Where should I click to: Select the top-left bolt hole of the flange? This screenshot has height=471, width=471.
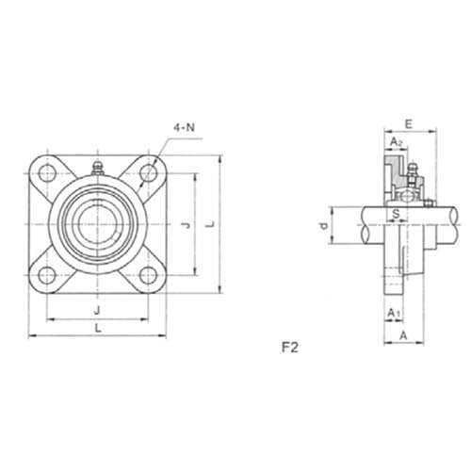tap(44, 173)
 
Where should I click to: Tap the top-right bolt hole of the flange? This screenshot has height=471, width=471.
tap(147, 173)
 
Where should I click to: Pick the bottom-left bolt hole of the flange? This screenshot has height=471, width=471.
tap(44, 275)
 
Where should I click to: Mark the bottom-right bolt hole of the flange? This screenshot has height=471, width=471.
tap(147, 275)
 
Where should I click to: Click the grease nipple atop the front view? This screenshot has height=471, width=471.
tap(96, 168)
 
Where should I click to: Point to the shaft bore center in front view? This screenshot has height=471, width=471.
tap(96, 224)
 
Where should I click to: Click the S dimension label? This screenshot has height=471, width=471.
tap(396, 214)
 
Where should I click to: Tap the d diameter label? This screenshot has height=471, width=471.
tap(323, 226)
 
